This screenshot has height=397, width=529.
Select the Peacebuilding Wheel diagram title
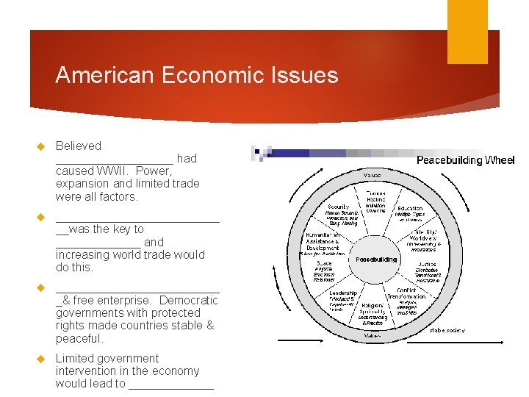coord(465,160)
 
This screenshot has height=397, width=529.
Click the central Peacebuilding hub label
coord(376,259)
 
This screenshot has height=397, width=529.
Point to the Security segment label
coord(338,207)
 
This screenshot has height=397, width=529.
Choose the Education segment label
coord(410,209)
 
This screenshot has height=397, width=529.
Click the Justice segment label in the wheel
coord(427,263)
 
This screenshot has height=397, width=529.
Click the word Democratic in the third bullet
coord(188,300)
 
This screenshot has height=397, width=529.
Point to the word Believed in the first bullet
coord(79,146)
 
